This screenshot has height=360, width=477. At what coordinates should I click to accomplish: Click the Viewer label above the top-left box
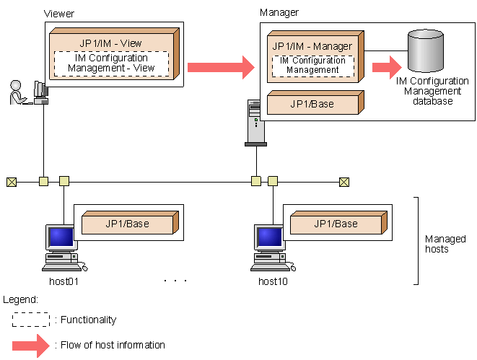click(x=58, y=14)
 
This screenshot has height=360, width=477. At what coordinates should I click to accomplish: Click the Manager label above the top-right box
click(x=279, y=12)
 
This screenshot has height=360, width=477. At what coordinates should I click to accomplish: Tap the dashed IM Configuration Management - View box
click(x=111, y=63)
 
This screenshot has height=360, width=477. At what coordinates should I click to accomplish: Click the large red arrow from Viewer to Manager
click(x=220, y=68)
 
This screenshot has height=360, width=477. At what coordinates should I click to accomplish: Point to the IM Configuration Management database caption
click(x=432, y=92)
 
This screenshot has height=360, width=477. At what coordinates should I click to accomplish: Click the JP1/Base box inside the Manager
click(x=312, y=104)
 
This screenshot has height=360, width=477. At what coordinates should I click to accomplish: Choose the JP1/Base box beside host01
click(x=127, y=224)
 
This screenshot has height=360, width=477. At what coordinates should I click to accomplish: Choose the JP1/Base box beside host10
click(x=336, y=224)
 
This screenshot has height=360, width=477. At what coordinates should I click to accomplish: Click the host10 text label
click(x=272, y=281)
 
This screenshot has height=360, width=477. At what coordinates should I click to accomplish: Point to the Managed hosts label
click(x=445, y=244)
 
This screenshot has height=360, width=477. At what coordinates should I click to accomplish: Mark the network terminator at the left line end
click(x=11, y=181)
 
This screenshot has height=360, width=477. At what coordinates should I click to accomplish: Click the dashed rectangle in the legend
click(x=30, y=320)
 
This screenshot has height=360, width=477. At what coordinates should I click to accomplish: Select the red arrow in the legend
click(x=30, y=345)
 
